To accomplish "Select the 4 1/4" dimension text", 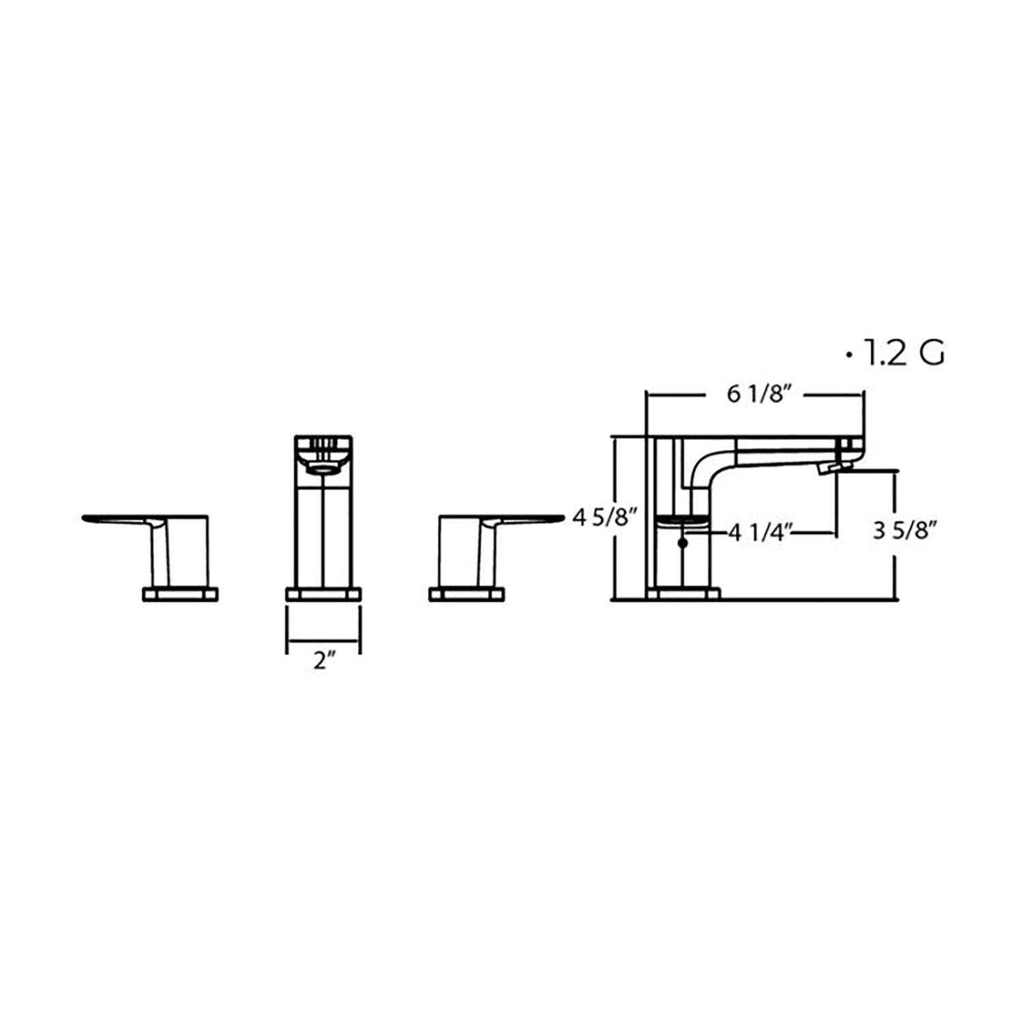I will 760,532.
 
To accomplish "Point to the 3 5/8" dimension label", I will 902,532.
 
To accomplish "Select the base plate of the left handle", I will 181,593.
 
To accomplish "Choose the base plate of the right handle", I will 468,593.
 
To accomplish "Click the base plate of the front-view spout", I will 323,593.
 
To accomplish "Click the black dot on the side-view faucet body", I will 683,544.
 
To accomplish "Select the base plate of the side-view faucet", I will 683,593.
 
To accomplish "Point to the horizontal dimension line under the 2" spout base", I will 323,641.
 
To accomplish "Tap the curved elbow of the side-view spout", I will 702,471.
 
